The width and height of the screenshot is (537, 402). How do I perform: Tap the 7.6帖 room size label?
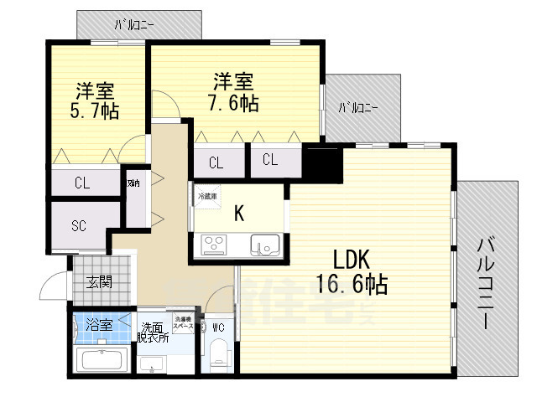coord(234,102)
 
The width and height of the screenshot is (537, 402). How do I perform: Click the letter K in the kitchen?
coord(239,214)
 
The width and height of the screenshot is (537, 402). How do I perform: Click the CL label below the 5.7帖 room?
coord(82,183)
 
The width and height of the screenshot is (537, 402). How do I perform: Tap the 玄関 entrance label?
coord(99,281)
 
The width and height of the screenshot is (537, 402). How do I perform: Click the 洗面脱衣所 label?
coord(154,332)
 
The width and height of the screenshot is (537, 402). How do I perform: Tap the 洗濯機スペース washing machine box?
coord(184,322)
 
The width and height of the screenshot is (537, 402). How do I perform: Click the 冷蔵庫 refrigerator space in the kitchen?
coord(206,197)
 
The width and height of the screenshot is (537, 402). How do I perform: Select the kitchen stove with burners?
coord(213,245)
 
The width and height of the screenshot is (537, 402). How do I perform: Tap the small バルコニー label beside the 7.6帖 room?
coord(357,108)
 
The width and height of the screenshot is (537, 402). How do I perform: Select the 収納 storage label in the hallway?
coord(133,183)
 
